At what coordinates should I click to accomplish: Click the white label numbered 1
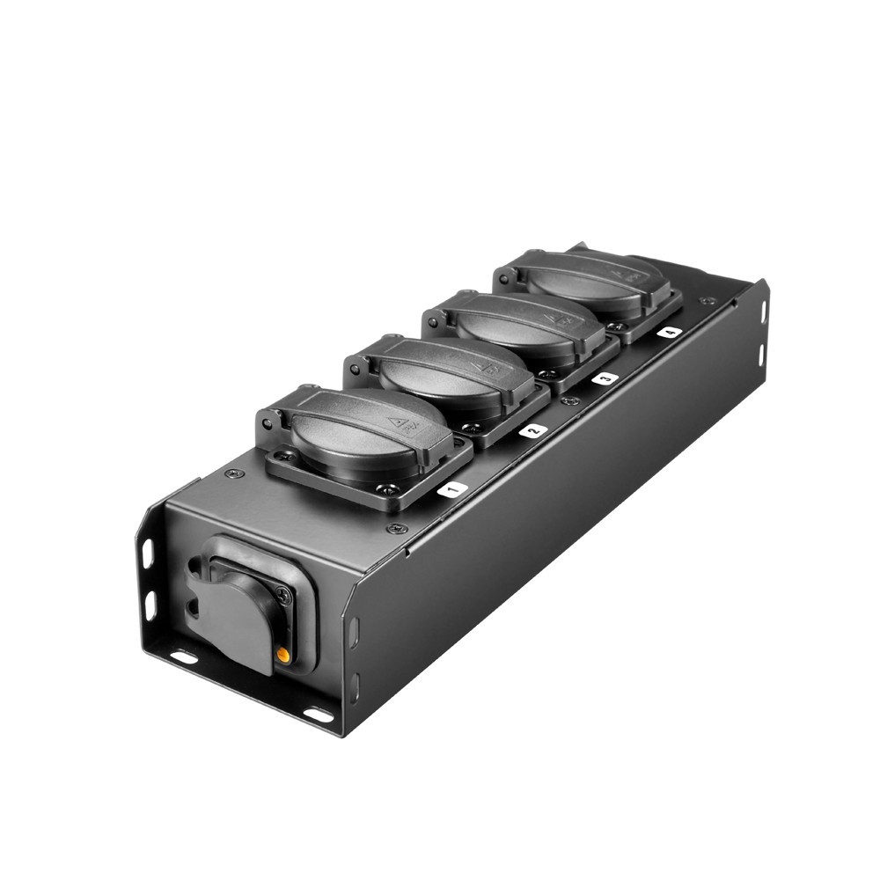(451, 489)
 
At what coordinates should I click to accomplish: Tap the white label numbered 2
(532, 431)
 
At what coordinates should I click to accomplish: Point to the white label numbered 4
(669, 333)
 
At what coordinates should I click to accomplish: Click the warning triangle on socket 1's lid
(405, 424)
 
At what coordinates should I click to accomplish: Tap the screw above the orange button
(282, 595)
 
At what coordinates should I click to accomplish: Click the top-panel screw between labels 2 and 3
(570, 401)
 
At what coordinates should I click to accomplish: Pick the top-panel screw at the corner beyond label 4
(708, 301)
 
